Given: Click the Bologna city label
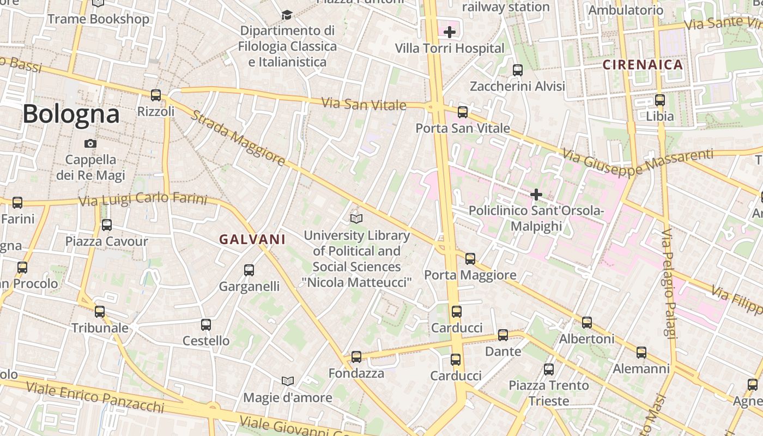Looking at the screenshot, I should coord(71,114).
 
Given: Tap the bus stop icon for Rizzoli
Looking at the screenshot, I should coord(156,95).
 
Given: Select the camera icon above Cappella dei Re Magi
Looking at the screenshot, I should coord(90,144).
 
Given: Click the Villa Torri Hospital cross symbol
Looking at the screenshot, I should coord(450,32).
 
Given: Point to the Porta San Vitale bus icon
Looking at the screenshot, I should coord(463,112).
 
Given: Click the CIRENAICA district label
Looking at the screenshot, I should coord(643,65).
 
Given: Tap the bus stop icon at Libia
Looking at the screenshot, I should coord(660,100).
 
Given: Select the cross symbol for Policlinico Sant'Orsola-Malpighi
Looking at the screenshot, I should coord(536,194).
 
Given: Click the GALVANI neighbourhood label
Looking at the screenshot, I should coord(252,239).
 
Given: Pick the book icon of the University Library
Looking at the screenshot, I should coord(356,219).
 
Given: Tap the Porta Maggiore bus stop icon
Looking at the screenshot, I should coord(470,259).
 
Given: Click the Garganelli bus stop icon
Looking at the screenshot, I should coord(249,270).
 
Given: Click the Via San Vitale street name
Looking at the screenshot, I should coord(364,104).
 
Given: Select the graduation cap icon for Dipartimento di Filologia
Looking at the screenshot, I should coord(287,15).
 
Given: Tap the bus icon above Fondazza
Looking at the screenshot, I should coord(356,357).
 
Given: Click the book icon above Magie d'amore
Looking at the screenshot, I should coord(287,381).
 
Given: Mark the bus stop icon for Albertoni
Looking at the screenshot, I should coord(587,323).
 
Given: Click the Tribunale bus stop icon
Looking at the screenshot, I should coord(100,312).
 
